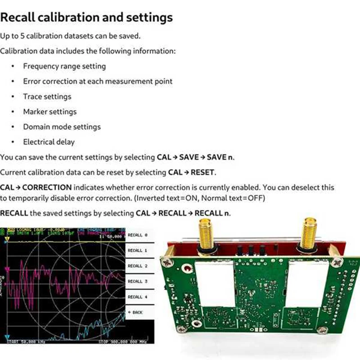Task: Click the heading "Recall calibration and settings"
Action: [x=86, y=18]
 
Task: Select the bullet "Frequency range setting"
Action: [x=64, y=66]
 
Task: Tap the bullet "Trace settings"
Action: [x=47, y=96]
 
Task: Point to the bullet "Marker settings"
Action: [x=50, y=112]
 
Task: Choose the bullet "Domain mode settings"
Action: [x=62, y=127]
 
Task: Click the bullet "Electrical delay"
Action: [x=49, y=142]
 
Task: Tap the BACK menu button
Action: [x=135, y=312]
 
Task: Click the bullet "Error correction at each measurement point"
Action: [x=98, y=81]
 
